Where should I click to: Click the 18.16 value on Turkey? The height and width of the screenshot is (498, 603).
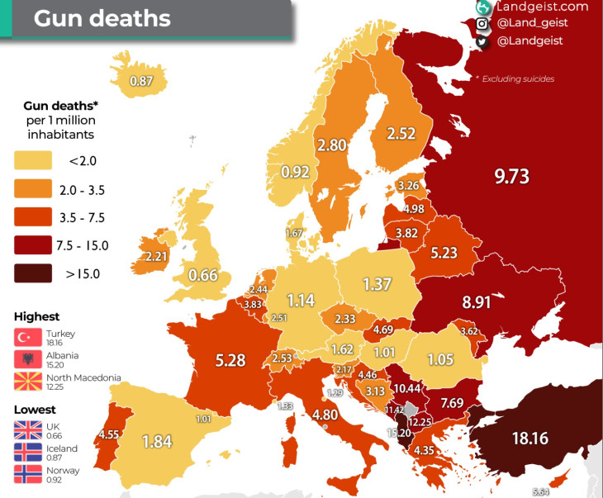(x=529, y=438)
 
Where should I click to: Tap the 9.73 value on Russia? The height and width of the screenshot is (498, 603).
(x=511, y=176)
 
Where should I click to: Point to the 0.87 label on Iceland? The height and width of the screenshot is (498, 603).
(x=142, y=81)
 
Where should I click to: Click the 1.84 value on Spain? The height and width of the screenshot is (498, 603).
(x=157, y=441)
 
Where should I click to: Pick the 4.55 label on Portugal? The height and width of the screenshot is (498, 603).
(x=108, y=434)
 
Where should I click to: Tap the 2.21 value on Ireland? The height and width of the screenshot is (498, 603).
(x=156, y=257)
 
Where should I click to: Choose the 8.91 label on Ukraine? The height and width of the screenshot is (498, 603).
(x=477, y=302)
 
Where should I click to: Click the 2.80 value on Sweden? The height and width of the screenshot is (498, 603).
(x=331, y=145)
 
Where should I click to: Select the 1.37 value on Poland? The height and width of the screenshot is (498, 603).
(x=377, y=284)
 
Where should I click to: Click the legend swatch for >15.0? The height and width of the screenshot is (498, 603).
(x=33, y=273)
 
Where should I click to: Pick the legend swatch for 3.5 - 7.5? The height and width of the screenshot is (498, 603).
(x=33, y=217)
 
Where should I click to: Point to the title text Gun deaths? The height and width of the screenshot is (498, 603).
(x=102, y=18)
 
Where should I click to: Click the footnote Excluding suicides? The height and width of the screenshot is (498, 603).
(x=515, y=79)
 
